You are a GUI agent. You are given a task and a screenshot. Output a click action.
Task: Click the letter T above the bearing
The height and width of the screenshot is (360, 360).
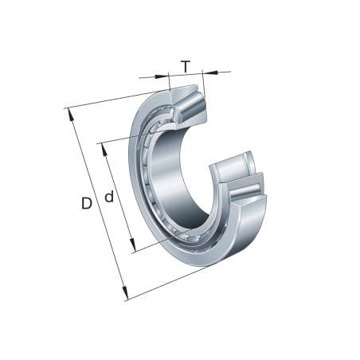pyautogui.click(x=186, y=66)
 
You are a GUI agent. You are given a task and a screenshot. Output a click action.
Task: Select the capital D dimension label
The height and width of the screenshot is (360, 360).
pyautogui.click(x=86, y=204)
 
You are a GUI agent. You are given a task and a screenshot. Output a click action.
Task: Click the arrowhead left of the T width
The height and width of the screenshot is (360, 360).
pyautogui.click(x=166, y=77)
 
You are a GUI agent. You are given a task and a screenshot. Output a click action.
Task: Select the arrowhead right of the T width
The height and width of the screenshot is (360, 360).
pyautogui.click(x=205, y=72)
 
